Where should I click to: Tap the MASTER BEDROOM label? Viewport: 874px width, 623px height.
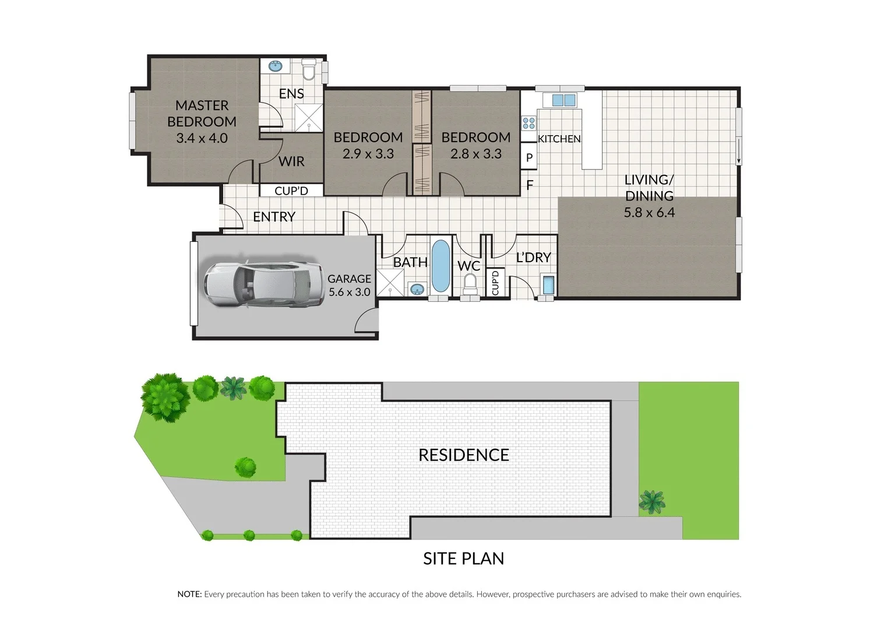point(202,114)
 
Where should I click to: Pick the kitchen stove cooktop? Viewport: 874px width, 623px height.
point(529,123)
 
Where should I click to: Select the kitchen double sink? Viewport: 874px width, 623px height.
point(563,100)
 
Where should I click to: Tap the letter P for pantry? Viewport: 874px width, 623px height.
point(529,158)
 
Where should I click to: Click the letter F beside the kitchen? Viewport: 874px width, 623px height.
point(530,186)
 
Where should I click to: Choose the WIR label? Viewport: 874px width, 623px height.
point(291,161)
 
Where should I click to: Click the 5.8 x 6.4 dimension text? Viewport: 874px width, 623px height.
point(649,213)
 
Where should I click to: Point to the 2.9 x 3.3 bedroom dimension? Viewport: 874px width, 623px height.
point(368,154)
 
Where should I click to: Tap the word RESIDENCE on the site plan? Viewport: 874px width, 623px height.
point(464,455)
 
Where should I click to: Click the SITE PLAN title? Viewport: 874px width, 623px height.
point(463,558)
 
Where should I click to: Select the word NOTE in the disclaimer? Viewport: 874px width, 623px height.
point(189,594)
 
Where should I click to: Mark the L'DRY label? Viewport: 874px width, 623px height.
point(533,257)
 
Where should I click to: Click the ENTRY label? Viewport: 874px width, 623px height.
point(274,217)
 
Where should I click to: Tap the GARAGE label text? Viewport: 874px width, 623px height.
point(349,279)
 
